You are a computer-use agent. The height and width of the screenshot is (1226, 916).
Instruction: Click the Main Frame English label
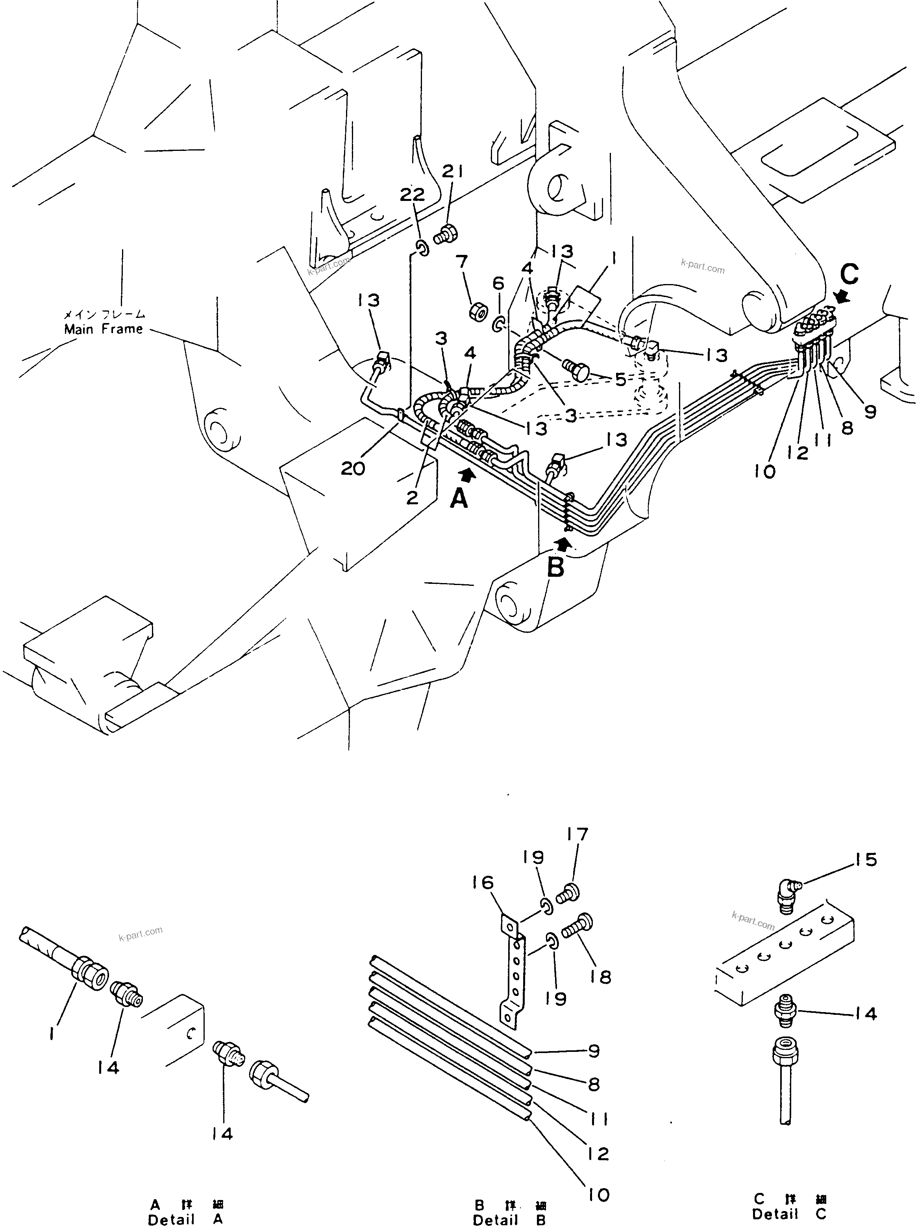103,329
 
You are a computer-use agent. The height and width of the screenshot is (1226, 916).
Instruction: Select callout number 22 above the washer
412,195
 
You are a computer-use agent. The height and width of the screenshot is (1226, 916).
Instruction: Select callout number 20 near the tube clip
353,468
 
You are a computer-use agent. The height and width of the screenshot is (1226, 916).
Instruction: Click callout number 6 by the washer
498,284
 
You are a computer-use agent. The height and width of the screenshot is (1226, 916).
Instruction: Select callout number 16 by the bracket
483,882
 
